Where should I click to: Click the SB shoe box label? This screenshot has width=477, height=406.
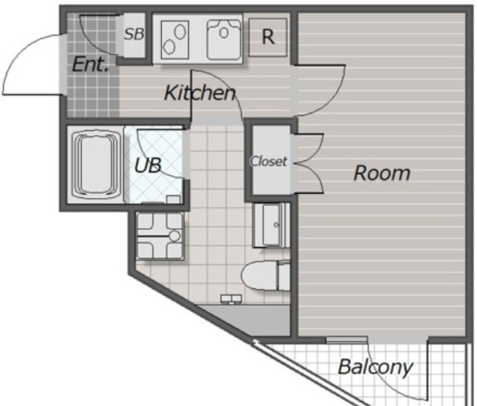pos(134,34)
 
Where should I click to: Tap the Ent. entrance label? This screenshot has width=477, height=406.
pos(91,64)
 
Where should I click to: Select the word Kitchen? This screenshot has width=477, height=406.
pos(200,93)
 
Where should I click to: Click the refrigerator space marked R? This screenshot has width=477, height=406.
pos(268,37)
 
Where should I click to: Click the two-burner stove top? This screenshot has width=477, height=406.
pos(175,39)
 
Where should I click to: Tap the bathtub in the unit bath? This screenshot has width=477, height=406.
pos(95,165)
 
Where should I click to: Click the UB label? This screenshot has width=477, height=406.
pos(148,166)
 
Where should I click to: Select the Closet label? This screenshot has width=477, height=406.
pos(268,161)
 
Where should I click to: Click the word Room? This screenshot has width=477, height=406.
pos(382,173)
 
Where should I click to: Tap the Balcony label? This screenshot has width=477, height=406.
pos(376,367)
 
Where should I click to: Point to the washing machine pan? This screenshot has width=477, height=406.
pos(160,236)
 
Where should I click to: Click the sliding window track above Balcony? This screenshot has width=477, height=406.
pos(347,339)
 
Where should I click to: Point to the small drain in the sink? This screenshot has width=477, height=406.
pos(224,32)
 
